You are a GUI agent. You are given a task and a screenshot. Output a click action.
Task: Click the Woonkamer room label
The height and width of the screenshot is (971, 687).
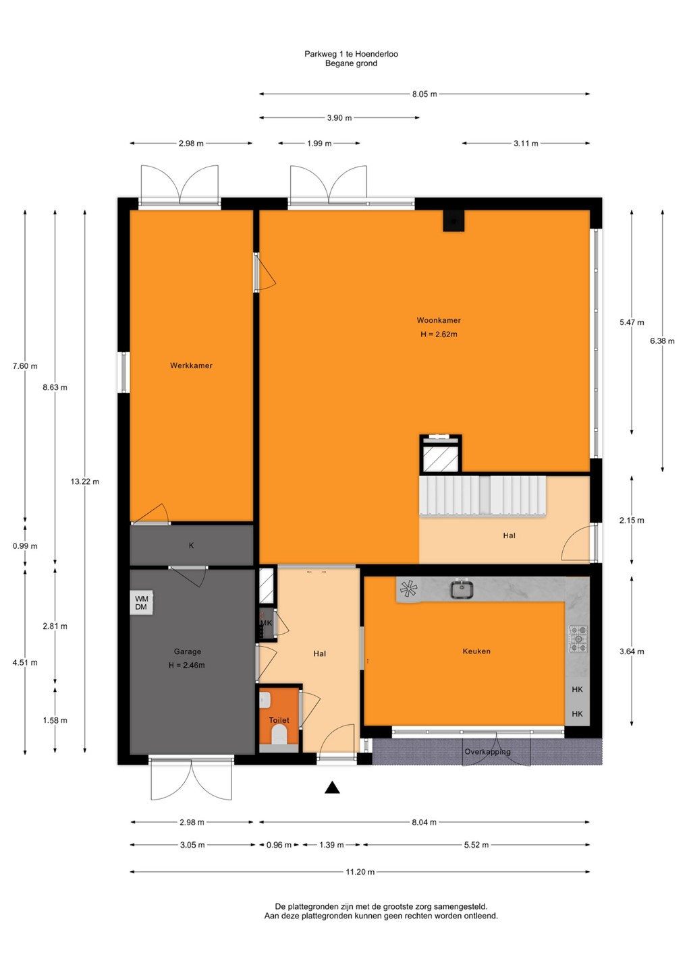click(x=439, y=320)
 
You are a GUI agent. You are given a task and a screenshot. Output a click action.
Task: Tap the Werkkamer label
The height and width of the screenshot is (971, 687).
click(x=191, y=365)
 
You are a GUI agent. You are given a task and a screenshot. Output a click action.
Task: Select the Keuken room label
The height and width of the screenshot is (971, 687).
click(x=476, y=651)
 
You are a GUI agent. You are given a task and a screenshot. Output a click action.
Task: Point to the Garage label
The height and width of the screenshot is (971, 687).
click(x=188, y=651)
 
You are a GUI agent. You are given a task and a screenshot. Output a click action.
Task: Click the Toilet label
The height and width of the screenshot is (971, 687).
click(x=279, y=720)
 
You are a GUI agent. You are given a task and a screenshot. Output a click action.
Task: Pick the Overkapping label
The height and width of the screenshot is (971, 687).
click(x=487, y=752)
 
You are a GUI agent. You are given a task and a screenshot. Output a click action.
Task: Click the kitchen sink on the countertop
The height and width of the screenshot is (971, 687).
click(x=462, y=589)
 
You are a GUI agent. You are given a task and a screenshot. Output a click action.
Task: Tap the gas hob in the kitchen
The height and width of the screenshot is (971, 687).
click(x=578, y=639)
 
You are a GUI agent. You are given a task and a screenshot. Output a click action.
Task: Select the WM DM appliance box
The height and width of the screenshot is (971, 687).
click(x=142, y=603)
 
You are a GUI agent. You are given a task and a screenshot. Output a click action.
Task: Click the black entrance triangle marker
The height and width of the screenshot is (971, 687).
click(x=332, y=787)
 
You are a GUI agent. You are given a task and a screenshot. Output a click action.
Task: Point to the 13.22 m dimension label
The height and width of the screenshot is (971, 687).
click(x=85, y=481)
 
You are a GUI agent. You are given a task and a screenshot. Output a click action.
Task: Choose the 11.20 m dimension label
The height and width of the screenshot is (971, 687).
click(x=360, y=872)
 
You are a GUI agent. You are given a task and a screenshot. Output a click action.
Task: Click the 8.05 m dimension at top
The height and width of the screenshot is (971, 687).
click(x=424, y=94)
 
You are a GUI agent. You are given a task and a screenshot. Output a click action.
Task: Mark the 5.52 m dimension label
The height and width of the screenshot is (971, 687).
click(x=476, y=845)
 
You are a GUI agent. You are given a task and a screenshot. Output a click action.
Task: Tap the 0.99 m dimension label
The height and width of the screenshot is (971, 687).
click(x=25, y=546)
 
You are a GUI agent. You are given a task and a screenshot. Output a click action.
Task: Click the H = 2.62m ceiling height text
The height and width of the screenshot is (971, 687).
click(x=439, y=334)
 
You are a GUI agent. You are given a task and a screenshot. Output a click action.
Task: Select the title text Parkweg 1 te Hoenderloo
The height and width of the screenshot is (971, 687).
click(x=352, y=54)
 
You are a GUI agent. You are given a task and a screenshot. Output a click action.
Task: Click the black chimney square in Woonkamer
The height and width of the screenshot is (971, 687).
click(x=454, y=220)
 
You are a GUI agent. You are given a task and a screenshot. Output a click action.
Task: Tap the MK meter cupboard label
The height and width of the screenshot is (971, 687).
click(x=266, y=623)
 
